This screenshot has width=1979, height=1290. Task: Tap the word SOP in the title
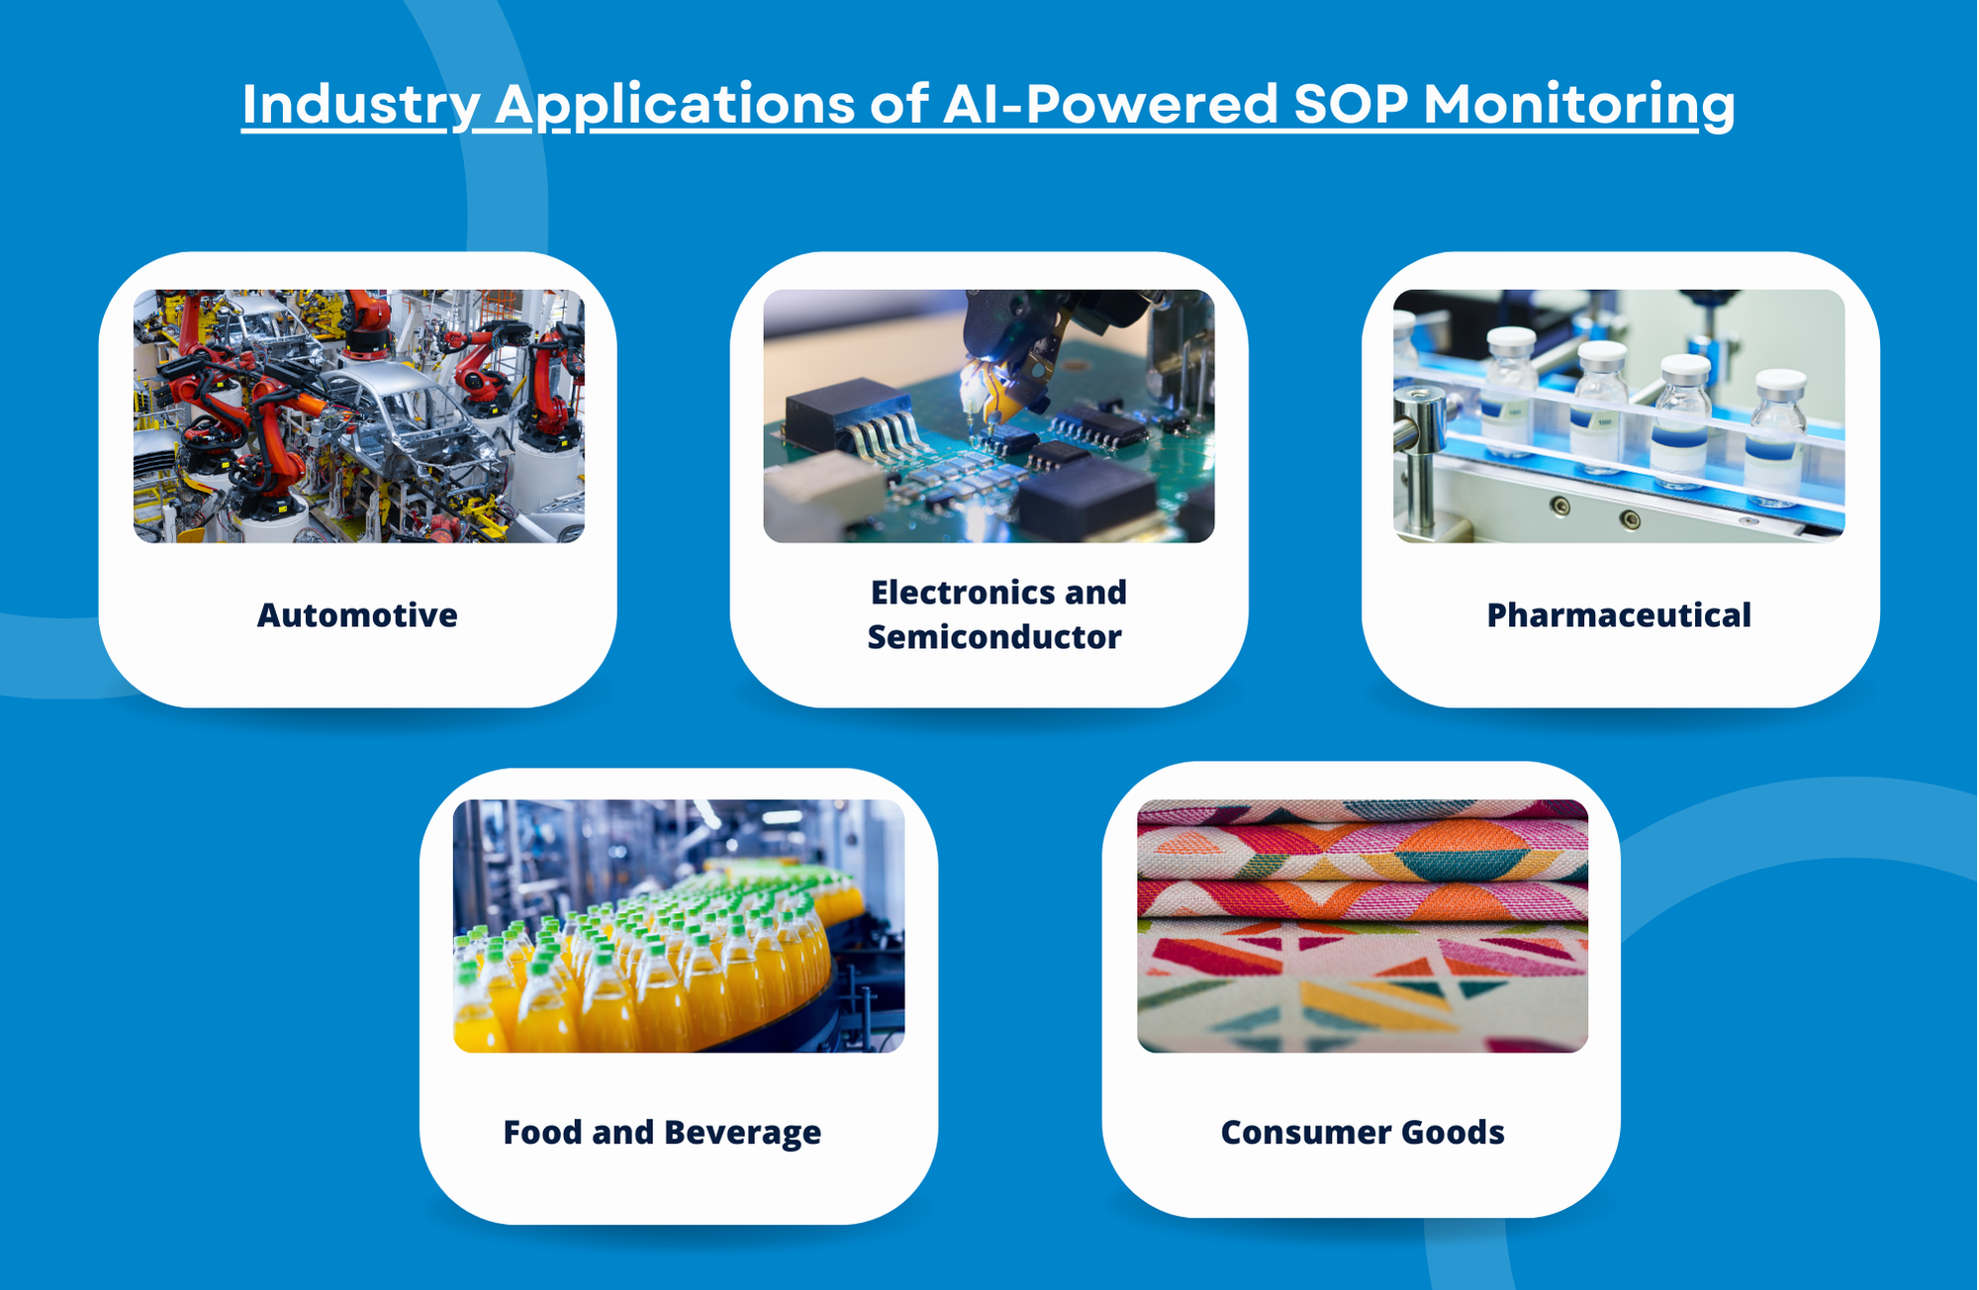pos(1351,103)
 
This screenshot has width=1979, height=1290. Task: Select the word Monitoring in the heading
pos(1579,104)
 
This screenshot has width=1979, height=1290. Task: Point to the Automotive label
pos(357,615)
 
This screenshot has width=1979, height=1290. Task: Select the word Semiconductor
pos(994,637)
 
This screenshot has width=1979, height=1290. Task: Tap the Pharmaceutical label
pos(1619,615)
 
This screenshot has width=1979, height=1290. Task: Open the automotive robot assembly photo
pos(359,415)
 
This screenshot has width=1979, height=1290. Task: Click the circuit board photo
pos(989,415)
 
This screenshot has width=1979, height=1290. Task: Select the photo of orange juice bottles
pos(679,926)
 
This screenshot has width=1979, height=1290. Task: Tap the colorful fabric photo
pos(1363,926)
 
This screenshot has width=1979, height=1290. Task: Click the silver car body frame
pos(416,425)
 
